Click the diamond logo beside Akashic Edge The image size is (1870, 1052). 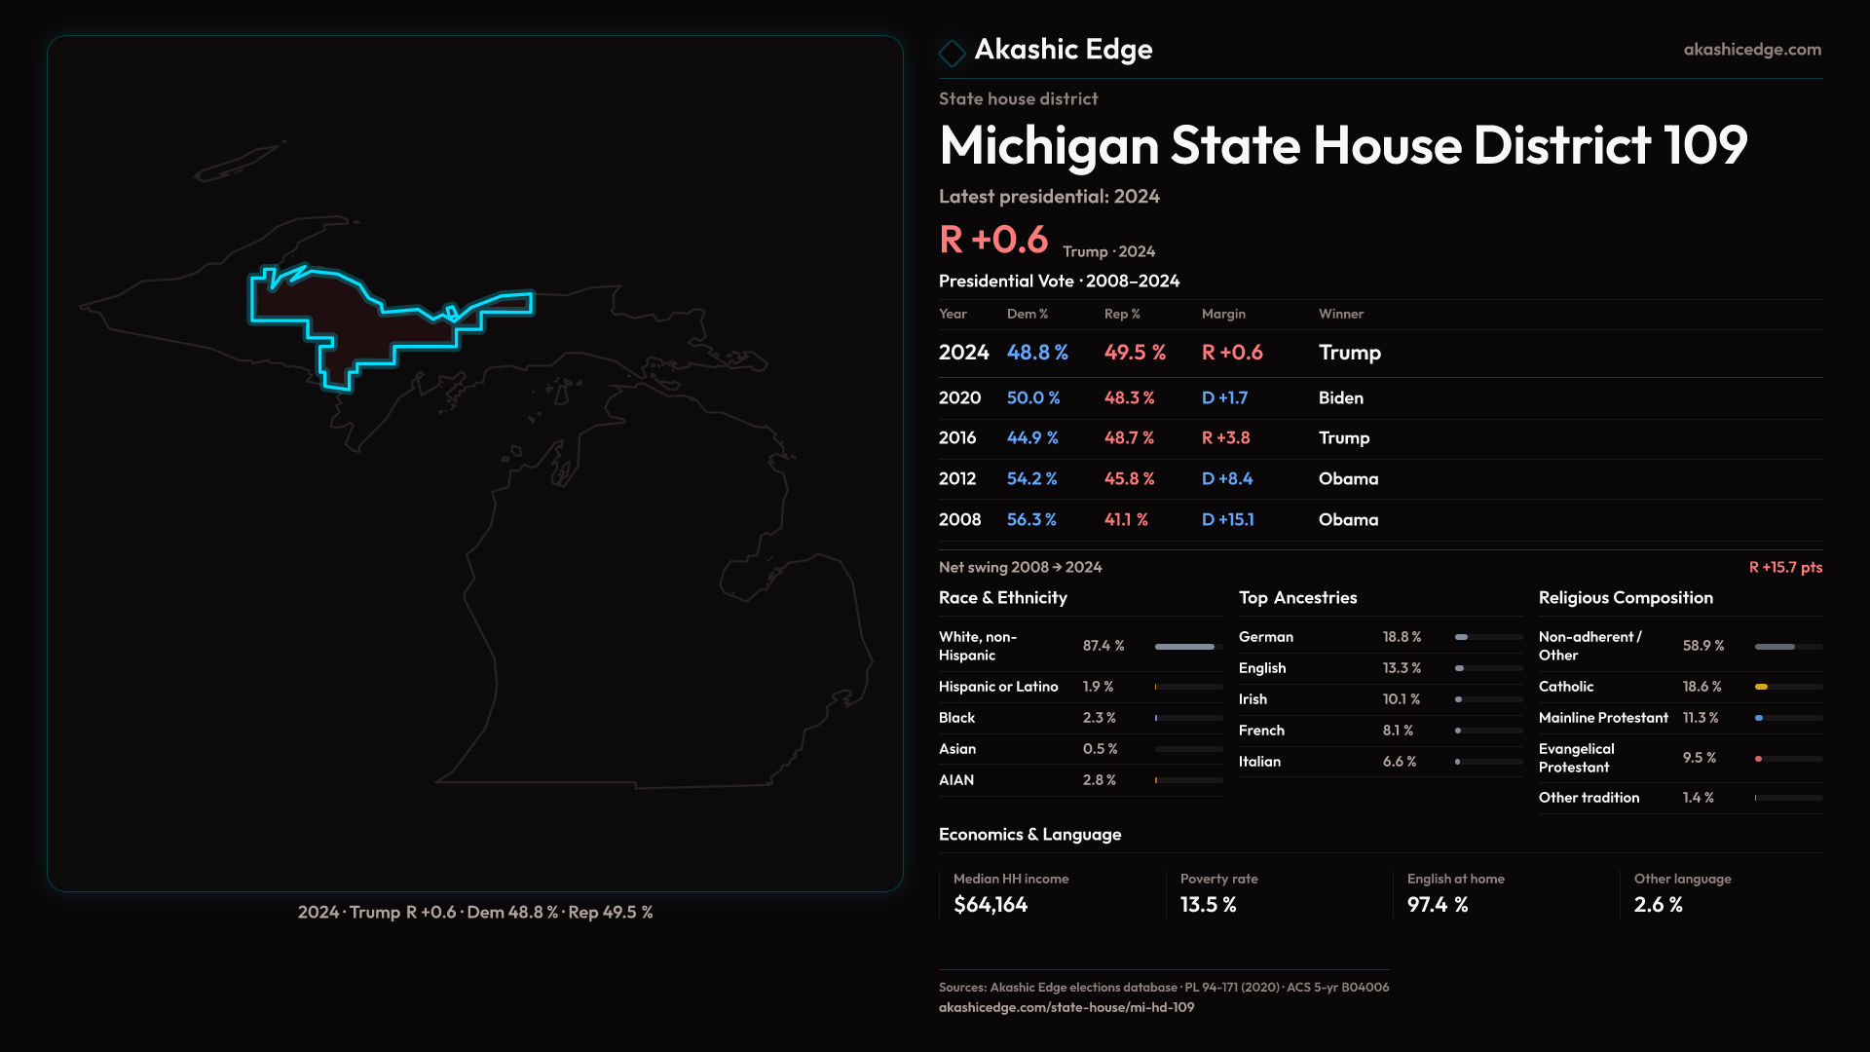[x=952, y=52]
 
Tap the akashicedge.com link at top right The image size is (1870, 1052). [x=1752, y=50]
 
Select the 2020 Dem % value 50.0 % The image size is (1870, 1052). [x=1033, y=398]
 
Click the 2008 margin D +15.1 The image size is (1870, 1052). [x=1227, y=520]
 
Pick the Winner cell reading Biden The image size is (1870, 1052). [x=1340, y=398]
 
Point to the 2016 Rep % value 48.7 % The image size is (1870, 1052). [x=1129, y=438]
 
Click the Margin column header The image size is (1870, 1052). [x=1223, y=314]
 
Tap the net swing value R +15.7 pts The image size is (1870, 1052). [x=1785, y=567]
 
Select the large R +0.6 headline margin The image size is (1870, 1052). [x=993, y=240]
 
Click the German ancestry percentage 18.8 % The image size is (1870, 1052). [x=1402, y=637]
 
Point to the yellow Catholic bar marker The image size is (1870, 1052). [x=1761, y=687]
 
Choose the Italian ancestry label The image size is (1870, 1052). [x=1259, y=762]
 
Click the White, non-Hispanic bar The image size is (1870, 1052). [x=1184, y=647]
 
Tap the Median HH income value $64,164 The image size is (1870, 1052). [x=991, y=905]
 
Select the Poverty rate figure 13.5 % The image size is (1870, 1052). [x=1208, y=905]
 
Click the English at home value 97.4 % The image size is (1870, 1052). [x=1437, y=905]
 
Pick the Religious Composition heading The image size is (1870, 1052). [x=1626, y=598]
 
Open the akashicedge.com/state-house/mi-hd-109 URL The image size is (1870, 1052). [x=1066, y=1008]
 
